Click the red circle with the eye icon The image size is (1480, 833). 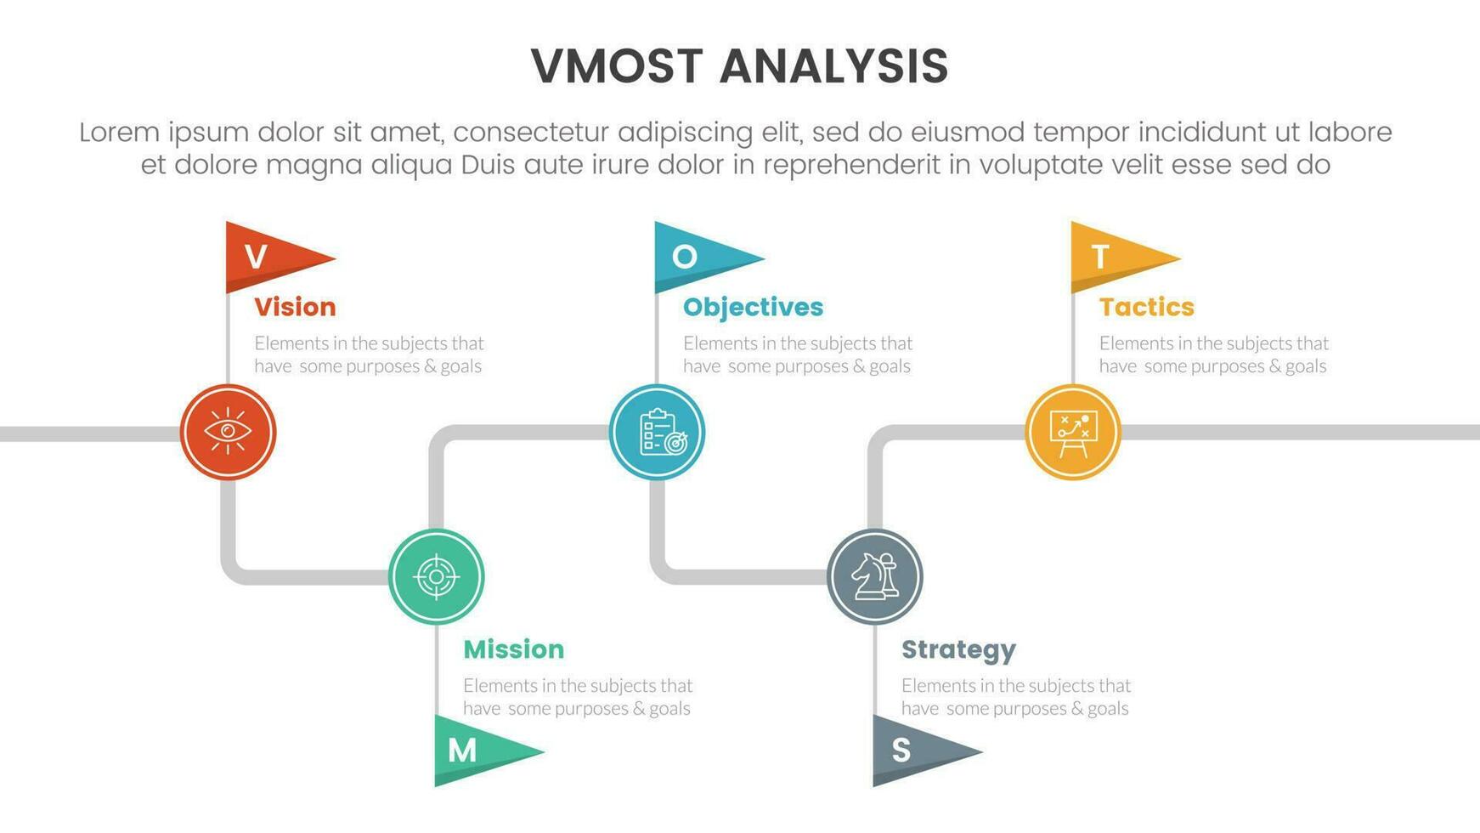(x=228, y=432)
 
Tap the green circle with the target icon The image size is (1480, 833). (x=437, y=576)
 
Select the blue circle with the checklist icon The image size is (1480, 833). (x=657, y=432)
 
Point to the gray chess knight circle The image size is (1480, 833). (x=875, y=576)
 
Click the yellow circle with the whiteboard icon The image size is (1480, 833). (x=1073, y=432)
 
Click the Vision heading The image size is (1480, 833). (x=295, y=307)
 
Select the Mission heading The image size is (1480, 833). (x=513, y=649)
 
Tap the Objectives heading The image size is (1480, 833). (x=753, y=307)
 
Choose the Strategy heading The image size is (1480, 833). (x=958, y=650)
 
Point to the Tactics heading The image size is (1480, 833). (x=1146, y=307)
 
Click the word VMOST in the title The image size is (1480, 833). (x=617, y=66)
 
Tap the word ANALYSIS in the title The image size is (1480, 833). (x=833, y=66)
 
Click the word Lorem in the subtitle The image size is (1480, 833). (x=119, y=133)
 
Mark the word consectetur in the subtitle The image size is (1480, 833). (x=531, y=133)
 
